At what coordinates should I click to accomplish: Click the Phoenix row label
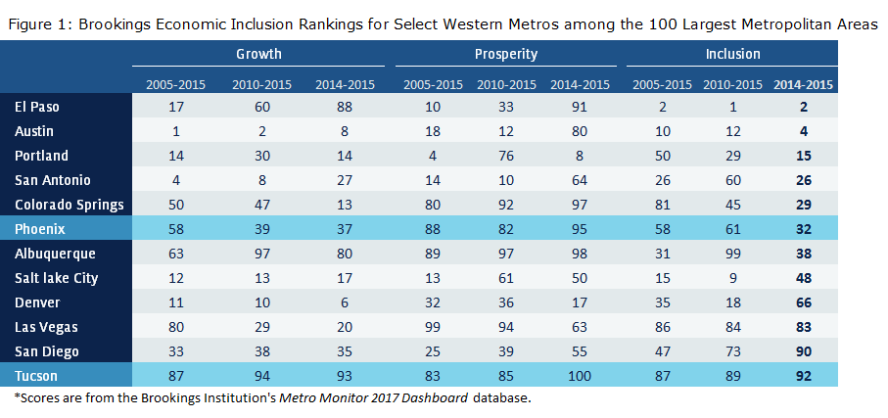pos(42,229)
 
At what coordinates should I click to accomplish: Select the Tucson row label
pos(37,376)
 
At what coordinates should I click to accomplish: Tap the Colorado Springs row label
pos(69,205)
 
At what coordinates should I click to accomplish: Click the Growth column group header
pos(257,54)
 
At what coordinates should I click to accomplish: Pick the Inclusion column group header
pos(732,54)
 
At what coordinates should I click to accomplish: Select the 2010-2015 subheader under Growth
pos(257,84)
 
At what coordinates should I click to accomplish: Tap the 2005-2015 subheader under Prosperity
pos(432,84)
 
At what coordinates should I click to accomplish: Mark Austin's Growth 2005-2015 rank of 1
pos(177,131)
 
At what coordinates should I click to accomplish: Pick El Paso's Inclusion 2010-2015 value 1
pos(732,107)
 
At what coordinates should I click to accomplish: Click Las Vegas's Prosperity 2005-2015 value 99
pos(432,327)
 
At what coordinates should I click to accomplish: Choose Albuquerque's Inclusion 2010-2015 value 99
pos(732,254)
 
